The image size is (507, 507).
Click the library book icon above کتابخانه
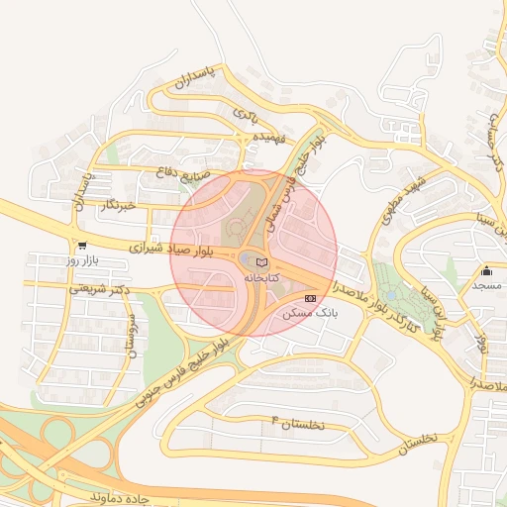click(261, 262)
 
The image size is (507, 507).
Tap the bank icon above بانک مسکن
click(310, 297)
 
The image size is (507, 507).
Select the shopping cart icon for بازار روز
click(81, 246)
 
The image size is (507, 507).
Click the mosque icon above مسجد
click(486, 271)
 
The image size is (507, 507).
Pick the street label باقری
click(245, 114)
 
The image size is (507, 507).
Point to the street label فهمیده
click(269, 137)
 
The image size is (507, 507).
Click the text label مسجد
click(486, 285)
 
